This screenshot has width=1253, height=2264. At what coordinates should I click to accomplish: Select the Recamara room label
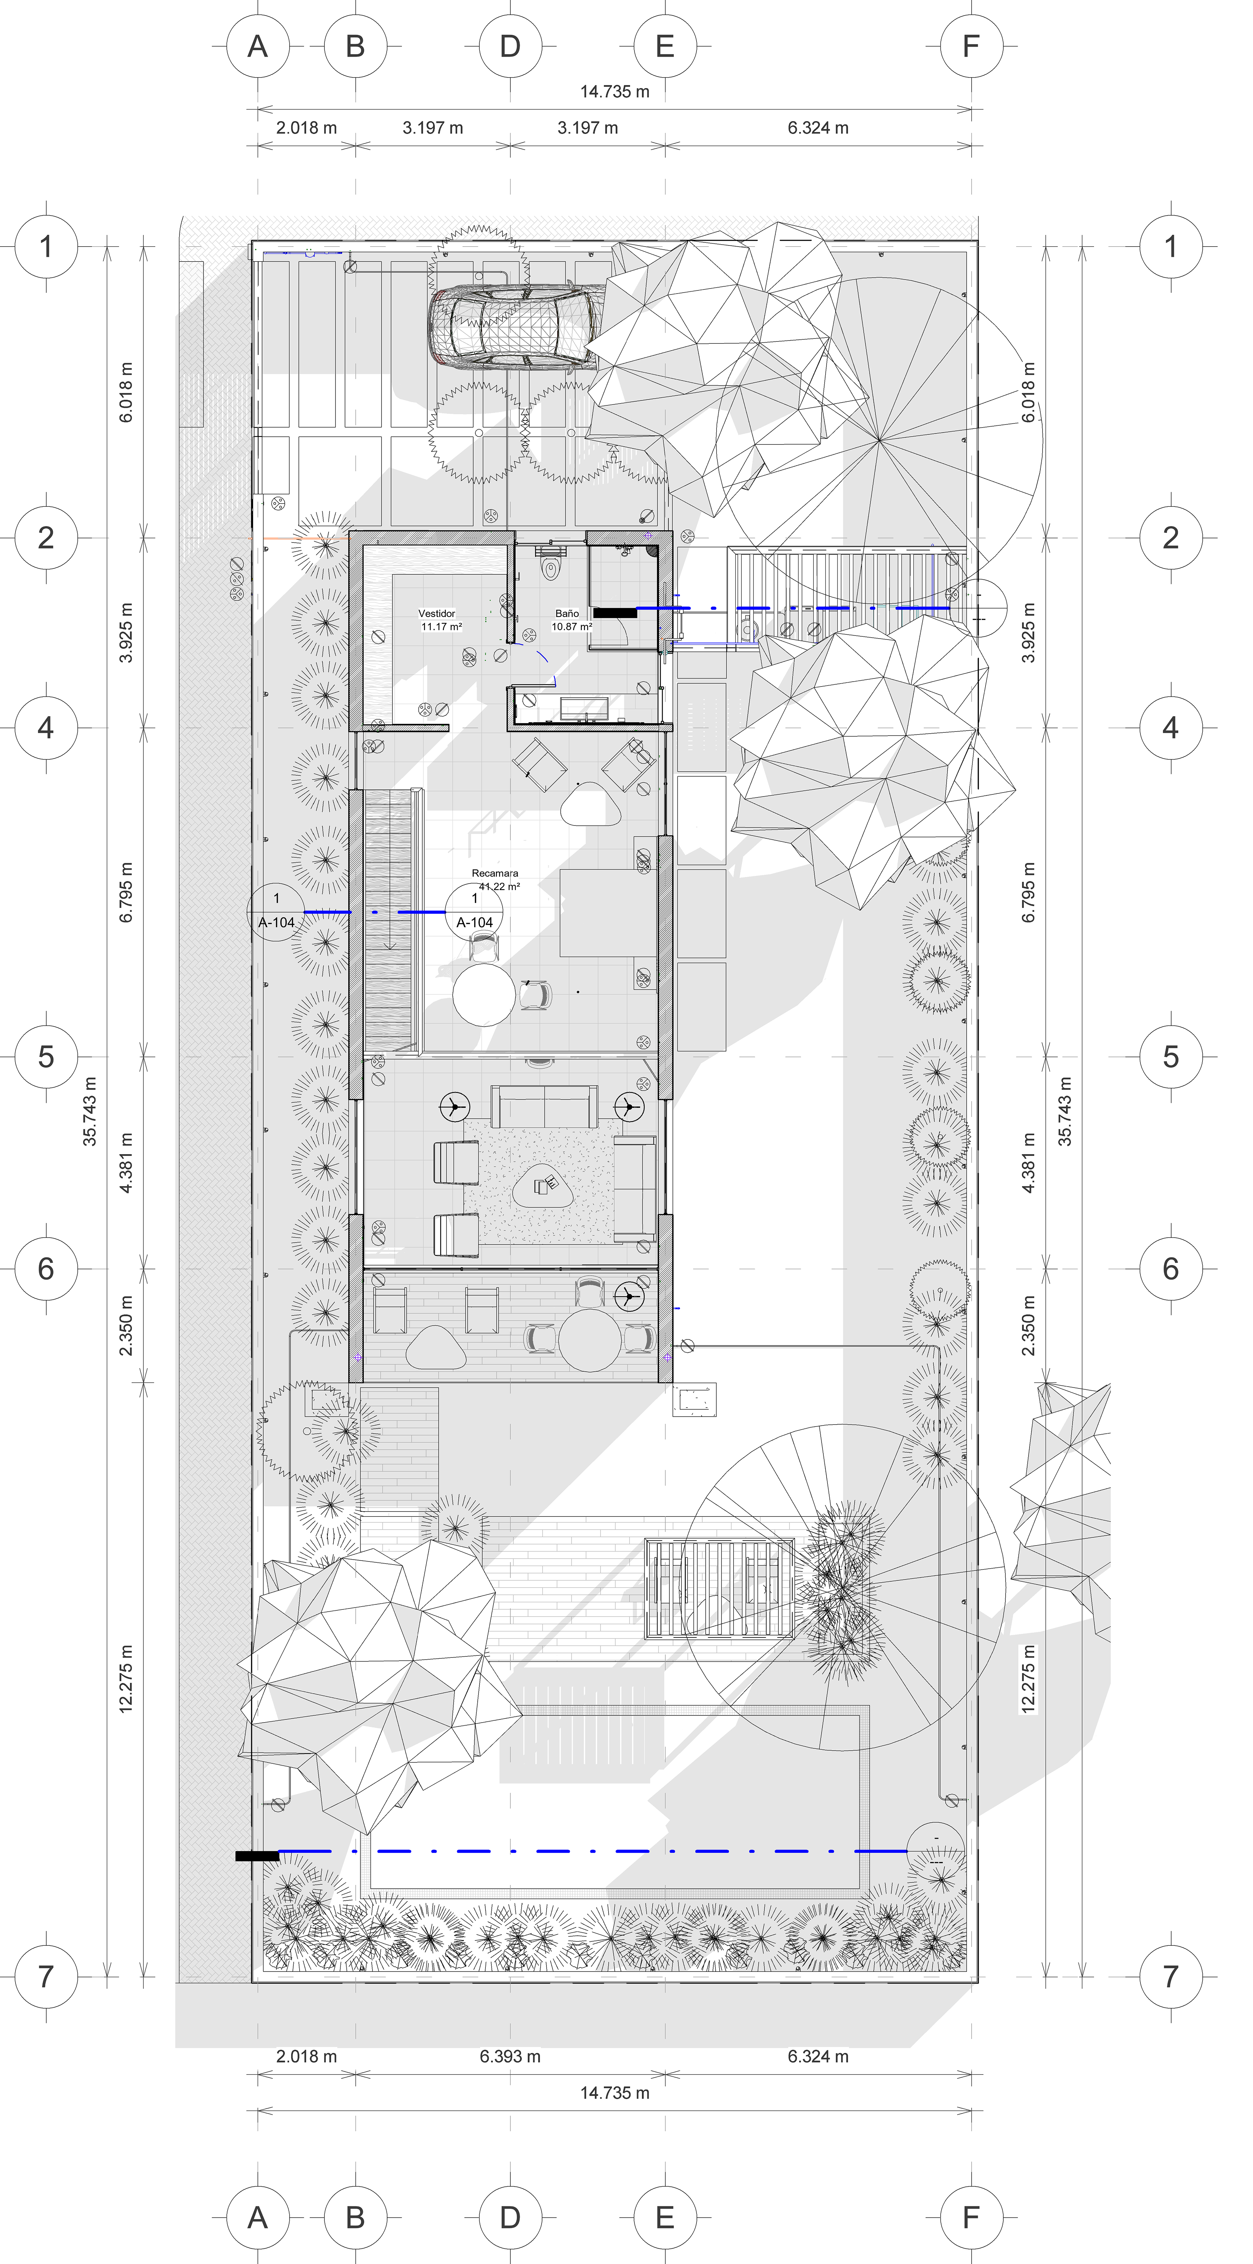pyautogui.click(x=495, y=874)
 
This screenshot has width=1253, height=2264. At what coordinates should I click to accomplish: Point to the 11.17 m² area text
pyautogui.click(x=441, y=626)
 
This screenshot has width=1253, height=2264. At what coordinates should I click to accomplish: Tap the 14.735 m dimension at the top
pyautogui.click(x=615, y=91)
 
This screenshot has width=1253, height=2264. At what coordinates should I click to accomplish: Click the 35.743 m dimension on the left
pyautogui.click(x=90, y=1111)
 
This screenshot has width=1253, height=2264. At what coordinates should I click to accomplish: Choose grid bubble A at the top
pyautogui.click(x=258, y=46)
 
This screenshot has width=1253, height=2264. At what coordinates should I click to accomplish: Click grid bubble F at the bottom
pyautogui.click(x=971, y=2217)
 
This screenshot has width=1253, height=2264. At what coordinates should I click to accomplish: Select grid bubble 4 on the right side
pyautogui.click(x=1170, y=728)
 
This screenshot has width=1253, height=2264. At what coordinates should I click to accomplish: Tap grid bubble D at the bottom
pyautogui.click(x=510, y=2217)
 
